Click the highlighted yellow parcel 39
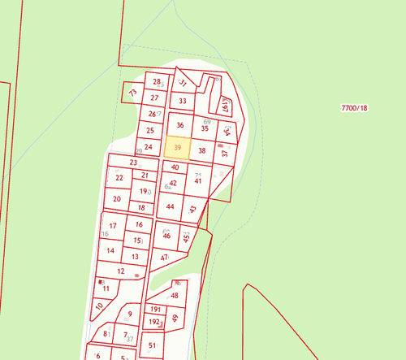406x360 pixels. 177,149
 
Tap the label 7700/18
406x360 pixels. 354,107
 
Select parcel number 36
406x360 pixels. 180,125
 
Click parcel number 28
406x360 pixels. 157,82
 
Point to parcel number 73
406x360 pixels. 132,94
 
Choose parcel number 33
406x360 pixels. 183,102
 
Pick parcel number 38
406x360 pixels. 202,150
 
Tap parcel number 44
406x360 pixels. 170,206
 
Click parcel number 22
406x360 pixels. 119,178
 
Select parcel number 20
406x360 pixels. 117,198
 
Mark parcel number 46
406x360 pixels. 167,236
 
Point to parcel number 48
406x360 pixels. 174,296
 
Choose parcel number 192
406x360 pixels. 154,322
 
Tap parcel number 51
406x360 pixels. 152,345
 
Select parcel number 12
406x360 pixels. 120,271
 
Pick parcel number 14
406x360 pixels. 110,250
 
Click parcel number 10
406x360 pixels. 99,306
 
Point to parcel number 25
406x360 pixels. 149,130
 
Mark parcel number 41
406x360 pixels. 197,180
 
